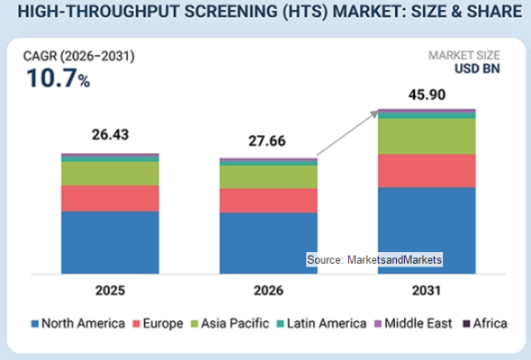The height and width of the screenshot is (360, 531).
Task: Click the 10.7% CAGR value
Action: coord(58,78)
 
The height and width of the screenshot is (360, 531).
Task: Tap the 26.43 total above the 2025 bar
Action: coord(111,135)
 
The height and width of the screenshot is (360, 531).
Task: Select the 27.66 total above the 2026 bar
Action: coord(267,141)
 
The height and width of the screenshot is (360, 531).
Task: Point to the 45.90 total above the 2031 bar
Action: coord(427,94)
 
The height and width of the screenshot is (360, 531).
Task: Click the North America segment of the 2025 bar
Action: coord(110,242)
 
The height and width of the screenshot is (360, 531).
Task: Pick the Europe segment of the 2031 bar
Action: coord(427,171)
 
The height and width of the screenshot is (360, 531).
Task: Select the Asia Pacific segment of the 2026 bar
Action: coord(268,177)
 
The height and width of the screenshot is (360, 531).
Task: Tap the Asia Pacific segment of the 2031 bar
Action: coord(427,137)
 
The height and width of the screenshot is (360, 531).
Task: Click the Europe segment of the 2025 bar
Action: coord(110,199)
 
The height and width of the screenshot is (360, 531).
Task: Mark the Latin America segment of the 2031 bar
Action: coord(427,115)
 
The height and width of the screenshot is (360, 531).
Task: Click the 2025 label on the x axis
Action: coord(110,291)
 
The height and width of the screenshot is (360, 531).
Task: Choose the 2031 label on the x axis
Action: coord(427,291)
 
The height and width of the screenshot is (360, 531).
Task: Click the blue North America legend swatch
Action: coord(34,324)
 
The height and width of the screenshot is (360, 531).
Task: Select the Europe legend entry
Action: coord(157,323)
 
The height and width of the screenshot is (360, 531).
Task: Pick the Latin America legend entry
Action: coord(321,323)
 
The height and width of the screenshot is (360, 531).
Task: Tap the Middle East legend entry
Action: coord(413,323)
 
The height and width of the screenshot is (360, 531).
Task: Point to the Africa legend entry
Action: coord(485,323)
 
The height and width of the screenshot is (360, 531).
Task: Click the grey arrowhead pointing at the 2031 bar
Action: coord(374,113)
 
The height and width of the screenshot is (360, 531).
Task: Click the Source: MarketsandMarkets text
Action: coord(374,260)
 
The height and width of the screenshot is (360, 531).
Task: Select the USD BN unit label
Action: coord(477,68)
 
